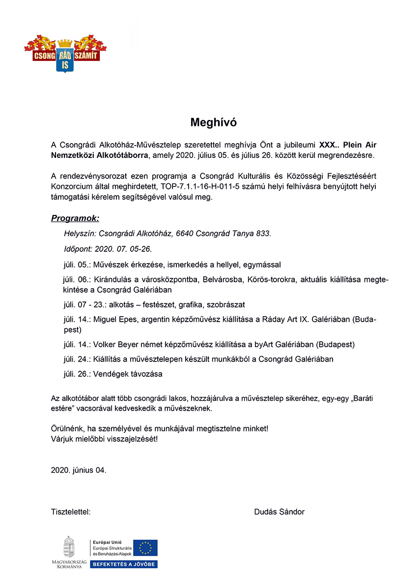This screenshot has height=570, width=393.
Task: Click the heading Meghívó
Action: [213, 123]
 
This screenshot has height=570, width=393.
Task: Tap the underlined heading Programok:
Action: [75, 218]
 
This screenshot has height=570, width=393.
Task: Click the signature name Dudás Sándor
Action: [279, 512]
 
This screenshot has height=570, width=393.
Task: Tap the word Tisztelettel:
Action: [71, 512]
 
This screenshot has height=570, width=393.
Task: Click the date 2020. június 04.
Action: [79, 470]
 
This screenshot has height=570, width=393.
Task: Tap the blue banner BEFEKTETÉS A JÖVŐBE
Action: [123, 564]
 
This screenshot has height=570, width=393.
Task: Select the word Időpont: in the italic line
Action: [79, 248]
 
